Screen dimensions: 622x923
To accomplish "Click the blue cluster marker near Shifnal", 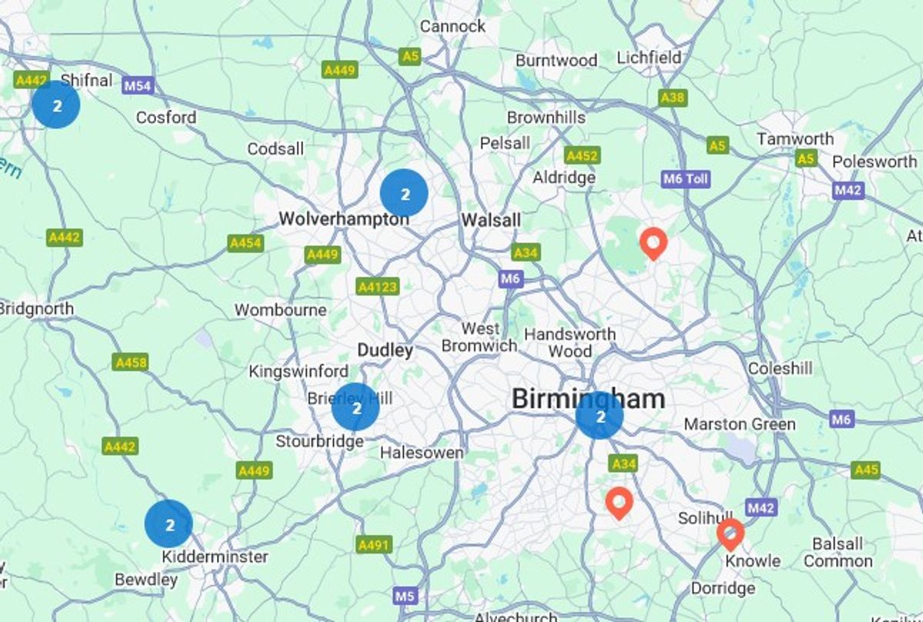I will click(56, 105).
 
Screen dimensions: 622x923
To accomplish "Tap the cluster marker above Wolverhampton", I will click(404, 193).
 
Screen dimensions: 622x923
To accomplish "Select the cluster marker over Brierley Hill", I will click(355, 407).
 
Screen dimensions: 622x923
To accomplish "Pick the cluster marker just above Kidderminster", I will click(168, 524).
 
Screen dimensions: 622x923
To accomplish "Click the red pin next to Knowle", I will click(730, 533).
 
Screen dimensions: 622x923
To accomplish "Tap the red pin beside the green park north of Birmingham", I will click(653, 244).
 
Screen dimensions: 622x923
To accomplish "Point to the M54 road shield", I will click(138, 86).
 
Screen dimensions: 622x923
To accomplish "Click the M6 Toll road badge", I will click(685, 179).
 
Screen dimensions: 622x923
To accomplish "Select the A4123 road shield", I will click(378, 287).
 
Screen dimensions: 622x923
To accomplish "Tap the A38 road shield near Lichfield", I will click(673, 98).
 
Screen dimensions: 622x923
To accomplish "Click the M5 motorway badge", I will click(405, 595).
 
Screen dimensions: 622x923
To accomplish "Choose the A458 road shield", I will click(130, 362).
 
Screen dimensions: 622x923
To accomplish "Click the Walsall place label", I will click(491, 221).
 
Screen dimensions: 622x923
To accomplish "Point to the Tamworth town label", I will click(795, 139).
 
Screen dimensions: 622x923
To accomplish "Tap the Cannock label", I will click(453, 26).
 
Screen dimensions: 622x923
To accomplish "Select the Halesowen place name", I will click(422, 453).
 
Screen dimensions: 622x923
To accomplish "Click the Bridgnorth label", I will click(37, 309).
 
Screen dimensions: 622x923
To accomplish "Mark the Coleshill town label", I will click(780, 369).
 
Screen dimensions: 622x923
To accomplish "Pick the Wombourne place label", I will click(281, 311).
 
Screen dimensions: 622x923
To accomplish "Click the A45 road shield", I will click(866, 470).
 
